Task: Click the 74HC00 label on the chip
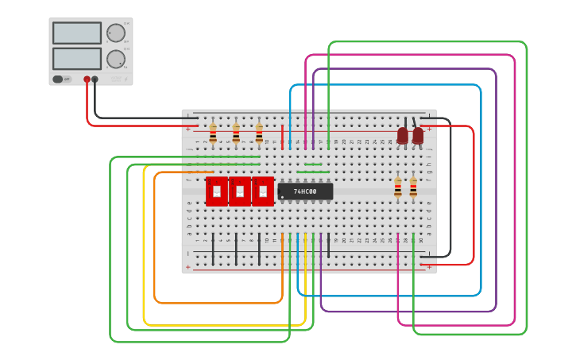[x=305, y=192]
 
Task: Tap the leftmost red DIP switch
[x=216, y=192]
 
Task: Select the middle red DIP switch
[x=240, y=192]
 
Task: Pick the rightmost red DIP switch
[x=263, y=192]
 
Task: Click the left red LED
[x=403, y=136]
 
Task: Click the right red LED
[x=418, y=136]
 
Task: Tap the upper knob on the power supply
[x=116, y=33]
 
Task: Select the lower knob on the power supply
[x=116, y=59]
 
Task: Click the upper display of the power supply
[x=77, y=33]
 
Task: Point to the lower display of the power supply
[x=77, y=59]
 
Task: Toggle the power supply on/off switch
[x=58, y=79]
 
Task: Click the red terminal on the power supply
[x=87, y=79]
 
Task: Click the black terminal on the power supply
[x=95, y=79]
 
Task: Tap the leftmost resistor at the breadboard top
[x=213, y=132]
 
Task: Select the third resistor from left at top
[x=259, y=132]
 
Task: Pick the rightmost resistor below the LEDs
[x=413, y=188]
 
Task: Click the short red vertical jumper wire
[x=282, y=137]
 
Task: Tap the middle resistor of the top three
[x=236, y=132]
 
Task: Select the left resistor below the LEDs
[x=398, y=188]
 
